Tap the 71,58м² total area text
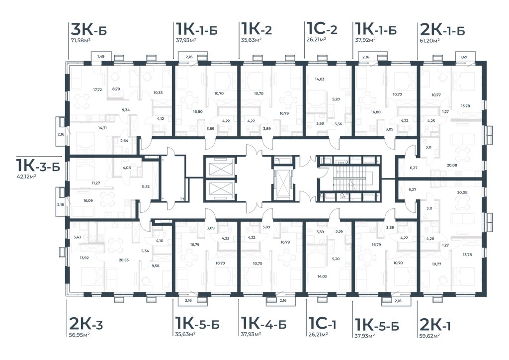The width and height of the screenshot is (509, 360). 80,41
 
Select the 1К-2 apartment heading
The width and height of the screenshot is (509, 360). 256,29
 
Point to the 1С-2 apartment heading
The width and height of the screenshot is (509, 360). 322,29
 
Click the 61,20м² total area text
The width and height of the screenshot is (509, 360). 430,40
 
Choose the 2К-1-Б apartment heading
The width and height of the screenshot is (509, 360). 442,29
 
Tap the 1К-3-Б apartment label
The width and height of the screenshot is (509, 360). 38,165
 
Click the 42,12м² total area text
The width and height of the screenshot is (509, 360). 26,176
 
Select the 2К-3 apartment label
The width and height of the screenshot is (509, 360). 86,324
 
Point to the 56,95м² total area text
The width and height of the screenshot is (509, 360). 80,335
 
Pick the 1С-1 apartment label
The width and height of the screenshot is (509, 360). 321,323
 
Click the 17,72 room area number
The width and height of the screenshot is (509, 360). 97,90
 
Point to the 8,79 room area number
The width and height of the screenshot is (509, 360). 116,89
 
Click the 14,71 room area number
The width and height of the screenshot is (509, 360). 102,128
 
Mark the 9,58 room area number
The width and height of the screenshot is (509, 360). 156,266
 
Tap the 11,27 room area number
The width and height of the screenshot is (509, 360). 96,183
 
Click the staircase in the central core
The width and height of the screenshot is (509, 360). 349,179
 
